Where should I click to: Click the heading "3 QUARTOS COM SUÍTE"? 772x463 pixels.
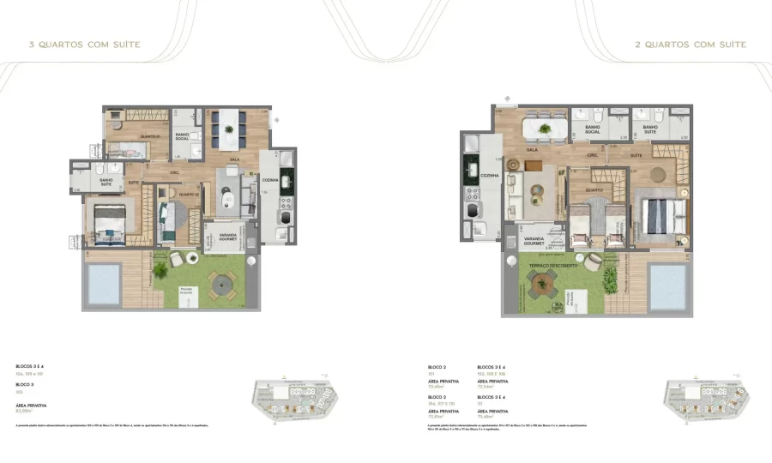(84, 45)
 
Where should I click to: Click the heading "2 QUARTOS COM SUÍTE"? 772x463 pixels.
(691, 45)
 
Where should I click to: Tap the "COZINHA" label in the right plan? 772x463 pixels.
(490, 174)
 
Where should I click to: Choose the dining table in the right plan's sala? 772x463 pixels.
(545, 129)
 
